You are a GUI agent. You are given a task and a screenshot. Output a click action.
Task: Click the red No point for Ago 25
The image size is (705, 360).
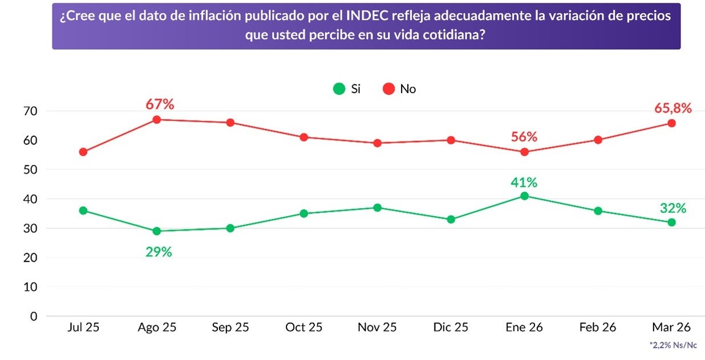(157, 119)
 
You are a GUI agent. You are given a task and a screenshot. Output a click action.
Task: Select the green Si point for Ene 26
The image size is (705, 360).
(524, 196)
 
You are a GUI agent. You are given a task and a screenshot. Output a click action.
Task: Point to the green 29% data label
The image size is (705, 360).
(158, 252)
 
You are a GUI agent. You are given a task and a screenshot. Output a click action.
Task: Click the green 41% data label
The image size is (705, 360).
(524, 183)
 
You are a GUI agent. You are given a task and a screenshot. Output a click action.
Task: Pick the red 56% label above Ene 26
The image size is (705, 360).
(524, 137)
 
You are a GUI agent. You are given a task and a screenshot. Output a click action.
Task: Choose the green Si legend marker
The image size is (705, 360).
(339, 89)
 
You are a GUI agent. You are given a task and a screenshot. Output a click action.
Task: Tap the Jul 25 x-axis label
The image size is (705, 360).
(83, 327)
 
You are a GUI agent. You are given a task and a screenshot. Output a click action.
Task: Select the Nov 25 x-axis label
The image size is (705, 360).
(377, 327)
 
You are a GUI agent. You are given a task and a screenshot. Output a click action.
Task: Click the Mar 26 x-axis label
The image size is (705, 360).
(671, 327)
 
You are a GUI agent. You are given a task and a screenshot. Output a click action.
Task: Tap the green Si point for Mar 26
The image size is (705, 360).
(671, 223)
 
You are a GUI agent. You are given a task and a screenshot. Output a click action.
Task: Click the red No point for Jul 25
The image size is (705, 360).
(83, 152)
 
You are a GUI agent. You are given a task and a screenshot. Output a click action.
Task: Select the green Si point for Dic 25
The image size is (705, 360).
(451, 219)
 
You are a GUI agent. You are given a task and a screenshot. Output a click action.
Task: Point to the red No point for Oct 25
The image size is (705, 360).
(304, 137)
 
